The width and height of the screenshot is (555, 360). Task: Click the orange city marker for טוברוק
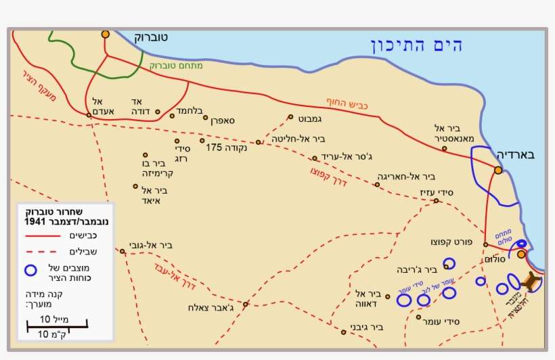pyautogui.click(x=105, y=33)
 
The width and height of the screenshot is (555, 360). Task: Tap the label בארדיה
pyautogui.click(x=516, y=154)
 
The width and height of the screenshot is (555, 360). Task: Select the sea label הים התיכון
pyautogui.click(x=417, y=46)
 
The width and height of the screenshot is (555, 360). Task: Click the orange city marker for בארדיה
pyautogui.click(x=498, y=171)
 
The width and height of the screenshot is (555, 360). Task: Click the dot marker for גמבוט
pyautogui.click(x=290, y=116)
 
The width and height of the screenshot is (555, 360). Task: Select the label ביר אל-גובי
pyautogui.click(x=150, y=246)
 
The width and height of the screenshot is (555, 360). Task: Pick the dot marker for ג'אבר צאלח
pyautogui.click(x=246, y=304)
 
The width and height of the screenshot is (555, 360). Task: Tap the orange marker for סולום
pyautogui.click(x=521, y=254)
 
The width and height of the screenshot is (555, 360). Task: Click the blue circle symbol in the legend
pyautogui.click(x=30, y=270)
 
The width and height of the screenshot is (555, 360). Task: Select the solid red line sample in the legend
pyautogui.click(x=40, y=236)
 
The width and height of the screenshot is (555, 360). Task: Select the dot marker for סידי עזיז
pyautogui.click(x=436, y=200)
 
